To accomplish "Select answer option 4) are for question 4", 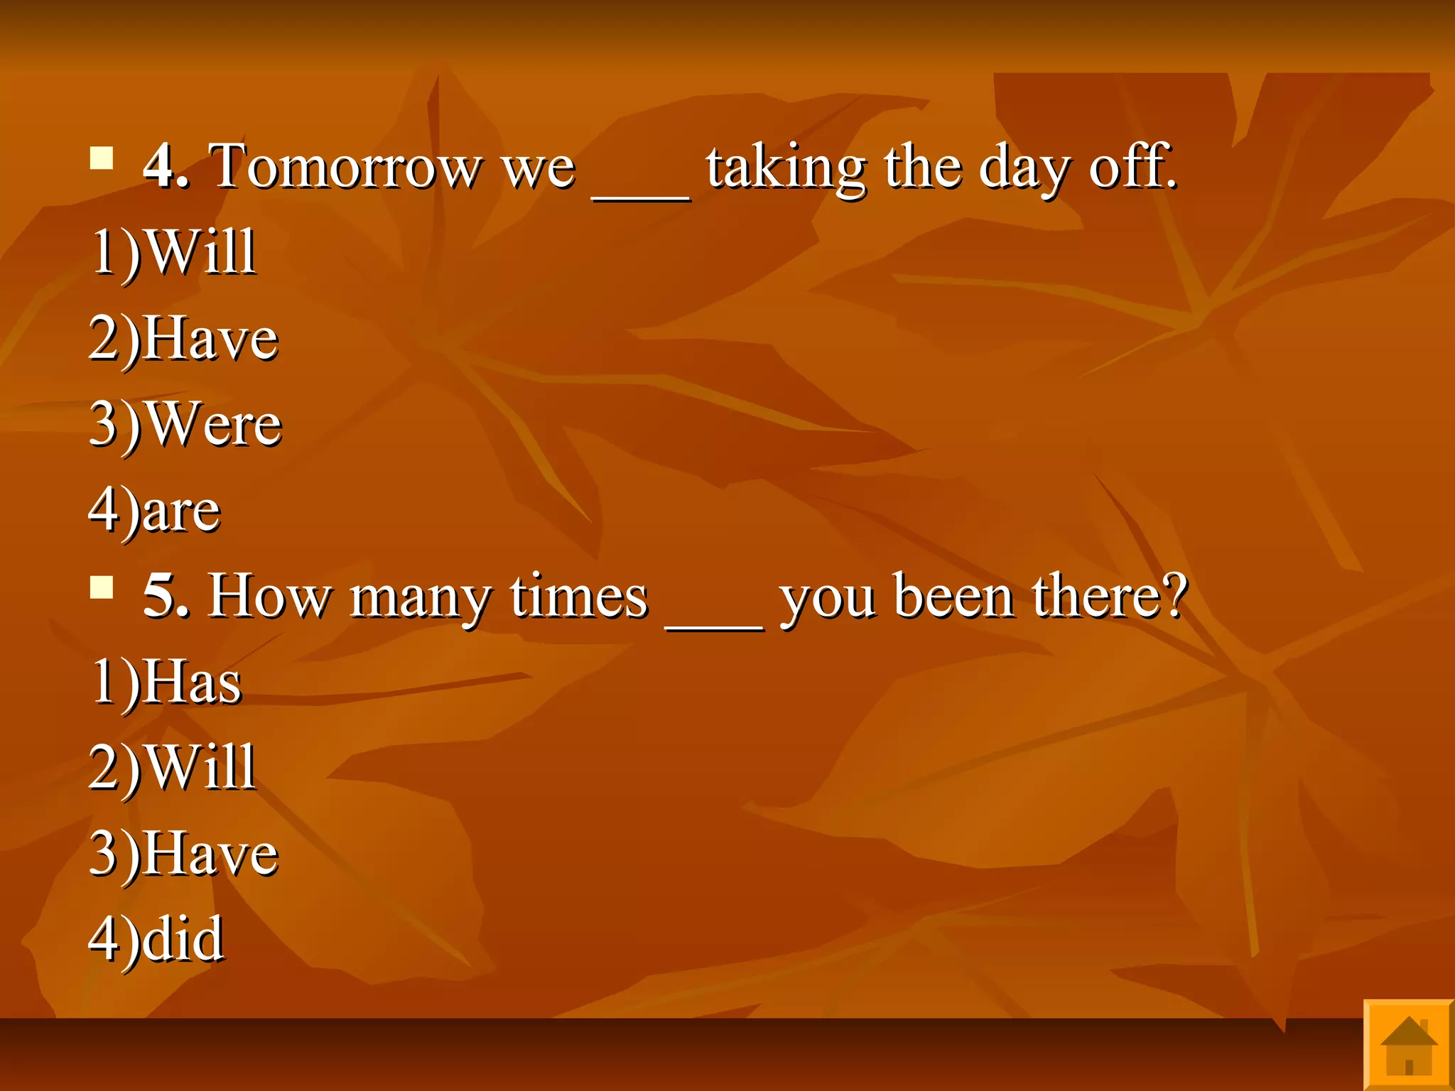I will coord(155,511).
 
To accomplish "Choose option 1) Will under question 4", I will coord(173,252).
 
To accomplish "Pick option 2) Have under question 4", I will coord(183,339).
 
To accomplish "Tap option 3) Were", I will coord(185,425).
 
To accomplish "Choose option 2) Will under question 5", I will coord(173,768).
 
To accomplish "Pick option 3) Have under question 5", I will coord(183,854).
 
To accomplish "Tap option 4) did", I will coord(156,940).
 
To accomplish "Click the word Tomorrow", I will coord(346,167).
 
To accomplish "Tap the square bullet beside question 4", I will coord(102,158).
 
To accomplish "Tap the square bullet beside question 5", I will coord(102,587).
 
